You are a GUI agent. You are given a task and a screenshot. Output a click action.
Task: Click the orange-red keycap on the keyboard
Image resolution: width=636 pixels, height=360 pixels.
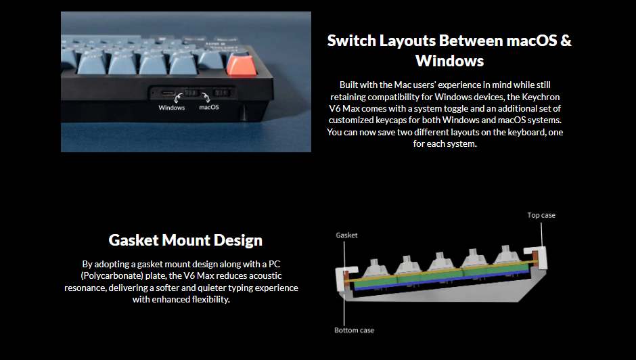tap(242, 64)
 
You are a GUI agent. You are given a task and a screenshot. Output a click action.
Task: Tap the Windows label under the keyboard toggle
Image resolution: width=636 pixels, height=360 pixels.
tap(172, 108)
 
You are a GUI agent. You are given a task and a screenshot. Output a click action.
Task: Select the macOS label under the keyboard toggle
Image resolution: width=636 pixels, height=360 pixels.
tap(209, 107)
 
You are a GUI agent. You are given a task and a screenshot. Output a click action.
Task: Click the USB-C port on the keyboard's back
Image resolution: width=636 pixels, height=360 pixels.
tap(168, 93)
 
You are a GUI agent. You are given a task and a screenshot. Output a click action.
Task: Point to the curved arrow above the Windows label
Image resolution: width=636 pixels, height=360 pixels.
tap(178, 98)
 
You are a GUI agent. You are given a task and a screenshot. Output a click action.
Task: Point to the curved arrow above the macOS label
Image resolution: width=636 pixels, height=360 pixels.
tap(206, 97)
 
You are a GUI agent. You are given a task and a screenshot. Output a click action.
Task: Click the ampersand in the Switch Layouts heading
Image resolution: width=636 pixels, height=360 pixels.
tap(566, 41)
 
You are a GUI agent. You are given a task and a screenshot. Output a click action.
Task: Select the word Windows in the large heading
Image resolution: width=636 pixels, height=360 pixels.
tap(449, 61)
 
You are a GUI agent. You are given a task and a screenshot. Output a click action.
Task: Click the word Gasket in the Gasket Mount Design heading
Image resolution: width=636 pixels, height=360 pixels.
tap(133, 240)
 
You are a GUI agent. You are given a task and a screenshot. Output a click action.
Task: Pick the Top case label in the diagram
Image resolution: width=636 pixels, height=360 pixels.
tap(541, 215)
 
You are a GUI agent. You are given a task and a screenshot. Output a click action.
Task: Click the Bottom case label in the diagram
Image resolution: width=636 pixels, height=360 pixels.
tap(354, 330)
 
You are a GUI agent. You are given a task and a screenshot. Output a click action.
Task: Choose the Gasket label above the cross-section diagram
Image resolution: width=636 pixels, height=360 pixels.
tap(347, 235)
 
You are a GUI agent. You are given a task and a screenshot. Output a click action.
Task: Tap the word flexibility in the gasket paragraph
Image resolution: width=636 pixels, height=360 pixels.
tap(210, 300)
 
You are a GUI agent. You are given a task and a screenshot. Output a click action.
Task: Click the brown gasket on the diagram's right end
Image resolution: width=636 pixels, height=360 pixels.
tap(535, 259)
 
